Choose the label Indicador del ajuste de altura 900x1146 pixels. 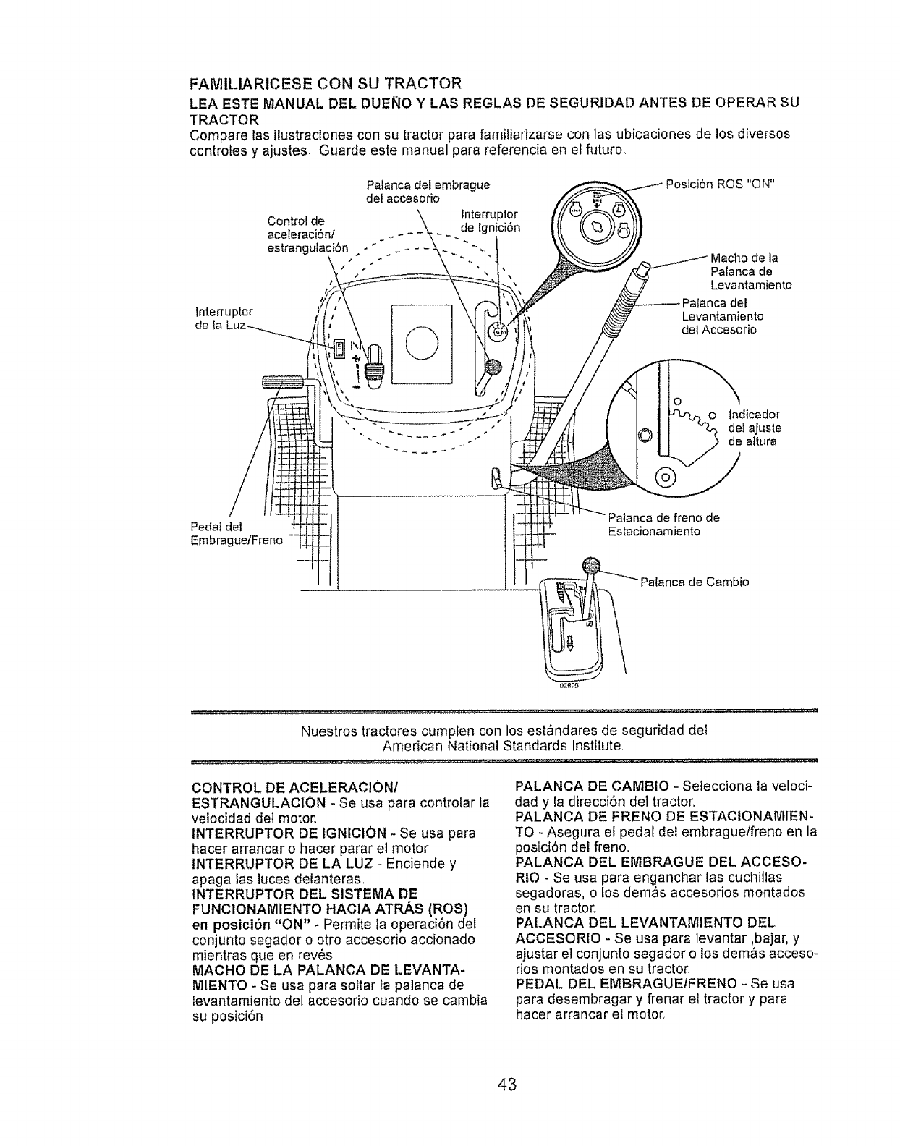755,428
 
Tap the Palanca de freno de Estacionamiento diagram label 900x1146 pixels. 663,524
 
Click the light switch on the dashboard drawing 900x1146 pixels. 339,350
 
